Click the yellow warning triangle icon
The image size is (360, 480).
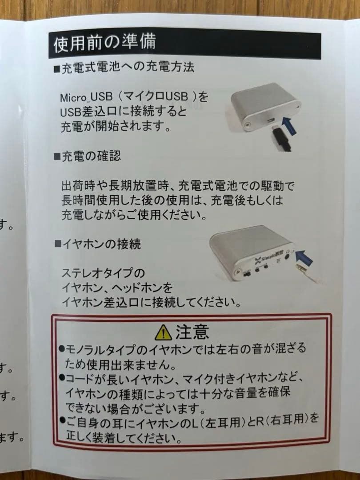[164, 332]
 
